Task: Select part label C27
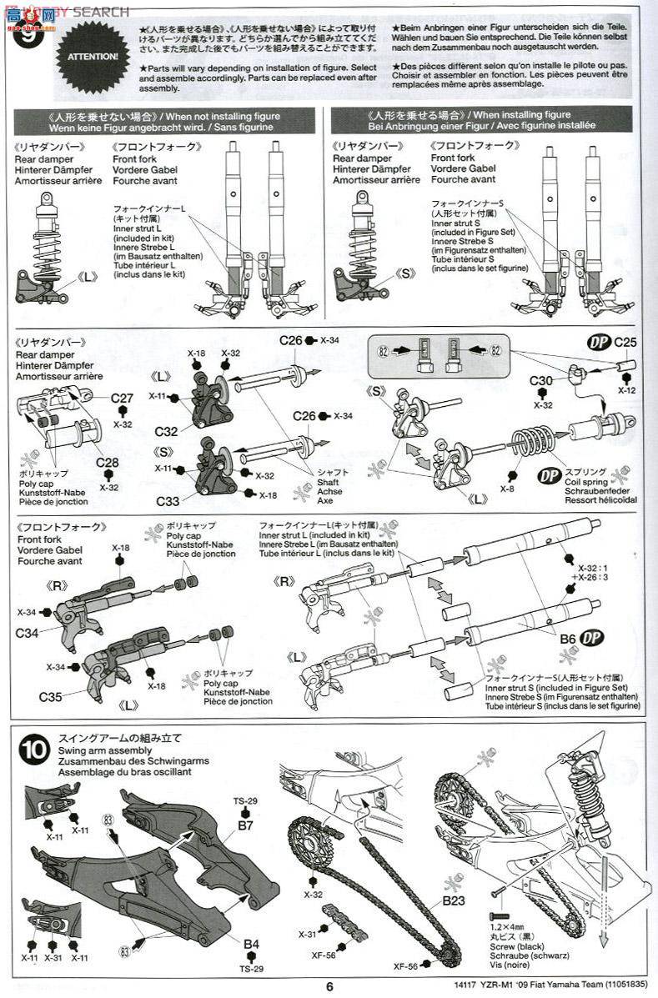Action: point(122,399)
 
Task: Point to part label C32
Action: point(166,431)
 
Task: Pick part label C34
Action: point(27,633)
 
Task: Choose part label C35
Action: point(49,694)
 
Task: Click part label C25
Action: point(625,342)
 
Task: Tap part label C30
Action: point(541,381)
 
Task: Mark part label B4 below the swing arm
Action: point(250,944)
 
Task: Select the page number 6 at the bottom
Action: point(329,986)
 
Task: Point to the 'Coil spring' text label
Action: point(589,481)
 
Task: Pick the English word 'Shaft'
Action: point(329,481)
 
